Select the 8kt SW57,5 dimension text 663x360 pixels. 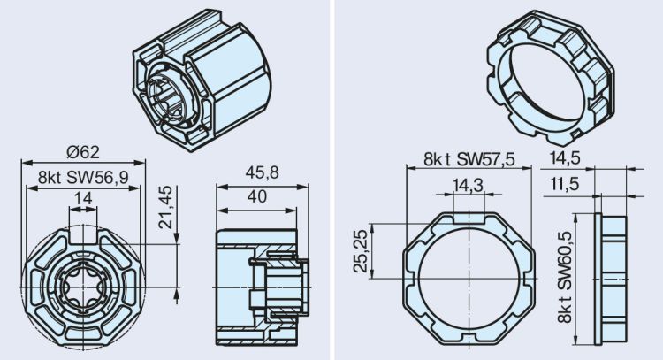click(x=469, y=159)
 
